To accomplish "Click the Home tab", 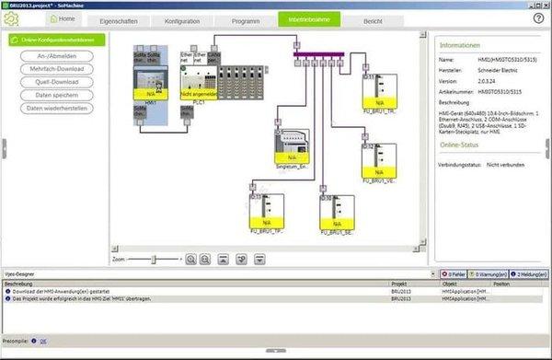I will pos(63,18).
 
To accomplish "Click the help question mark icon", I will pos(538,17).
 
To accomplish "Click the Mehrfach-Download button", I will pos(57,69).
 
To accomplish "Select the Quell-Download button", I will pos(57,82).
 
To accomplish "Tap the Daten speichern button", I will pos(57,95).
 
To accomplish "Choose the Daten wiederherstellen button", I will pos(57,109).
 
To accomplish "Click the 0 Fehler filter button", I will pos(452,274).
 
